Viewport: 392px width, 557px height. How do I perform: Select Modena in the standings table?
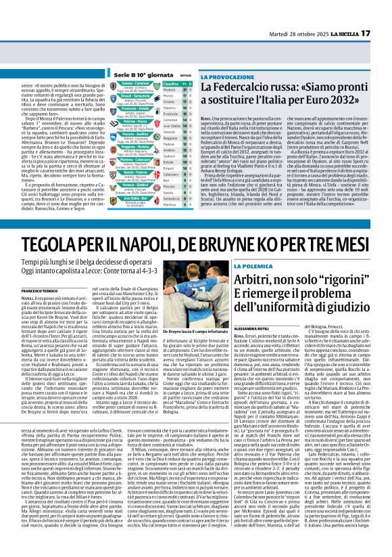[170, 90]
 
